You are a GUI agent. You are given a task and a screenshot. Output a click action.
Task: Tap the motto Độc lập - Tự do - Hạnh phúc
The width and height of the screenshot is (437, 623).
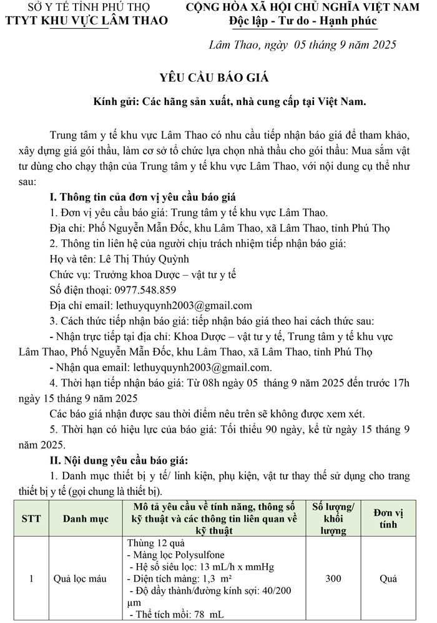pos(303,21)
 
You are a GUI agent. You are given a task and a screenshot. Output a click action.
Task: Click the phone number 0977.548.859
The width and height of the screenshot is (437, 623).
pos(142,290)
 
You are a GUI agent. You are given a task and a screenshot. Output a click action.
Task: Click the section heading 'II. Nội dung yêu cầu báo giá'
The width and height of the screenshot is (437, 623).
pos(119,460)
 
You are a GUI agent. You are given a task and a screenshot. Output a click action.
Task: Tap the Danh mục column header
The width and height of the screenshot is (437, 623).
pos(86,519)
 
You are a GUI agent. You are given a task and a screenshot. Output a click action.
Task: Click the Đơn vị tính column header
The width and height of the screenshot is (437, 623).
pos(388,519)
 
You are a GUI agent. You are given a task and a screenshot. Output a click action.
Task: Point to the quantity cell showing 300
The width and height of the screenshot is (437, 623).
pos(333,579)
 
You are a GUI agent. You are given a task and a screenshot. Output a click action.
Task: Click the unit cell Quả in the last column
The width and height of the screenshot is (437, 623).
pos(388,579)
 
